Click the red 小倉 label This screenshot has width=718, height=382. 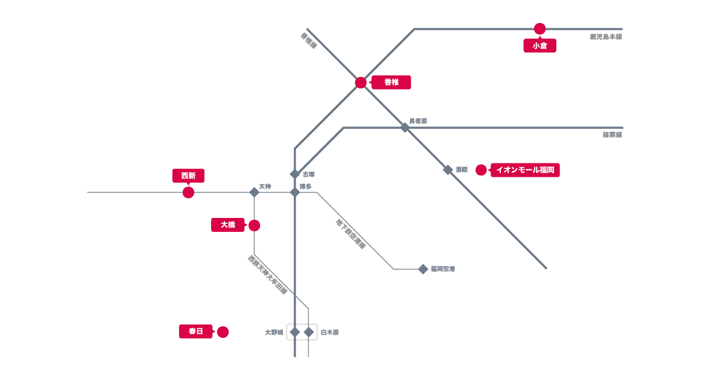coord(540,45)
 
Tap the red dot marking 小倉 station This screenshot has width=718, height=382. coord(540,28)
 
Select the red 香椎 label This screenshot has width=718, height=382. coord(391,82)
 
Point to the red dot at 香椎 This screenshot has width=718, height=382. coord(361,82)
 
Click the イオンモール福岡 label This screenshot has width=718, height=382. coord(525,170)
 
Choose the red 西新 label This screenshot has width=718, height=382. coord(188,176)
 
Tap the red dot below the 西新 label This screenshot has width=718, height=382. coord(188,193)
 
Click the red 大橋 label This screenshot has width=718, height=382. coord(227,225)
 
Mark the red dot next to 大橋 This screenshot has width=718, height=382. coord(254,225)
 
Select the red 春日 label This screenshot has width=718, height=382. coord(195,331)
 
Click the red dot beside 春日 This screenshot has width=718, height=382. coord(223,332)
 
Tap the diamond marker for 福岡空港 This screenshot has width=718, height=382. coord(423,269)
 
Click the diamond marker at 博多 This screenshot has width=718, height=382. coord(295,193)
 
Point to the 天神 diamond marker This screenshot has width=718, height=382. coord(254,193)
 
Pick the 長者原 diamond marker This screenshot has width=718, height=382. coord(405,128)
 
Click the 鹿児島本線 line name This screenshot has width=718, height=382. coord(605,37)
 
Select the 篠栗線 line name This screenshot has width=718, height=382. coord(612,135)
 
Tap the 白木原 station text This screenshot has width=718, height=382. coord(330,332)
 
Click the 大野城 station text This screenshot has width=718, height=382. coord(274,332)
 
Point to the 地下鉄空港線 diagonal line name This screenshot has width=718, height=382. coord(351,234)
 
